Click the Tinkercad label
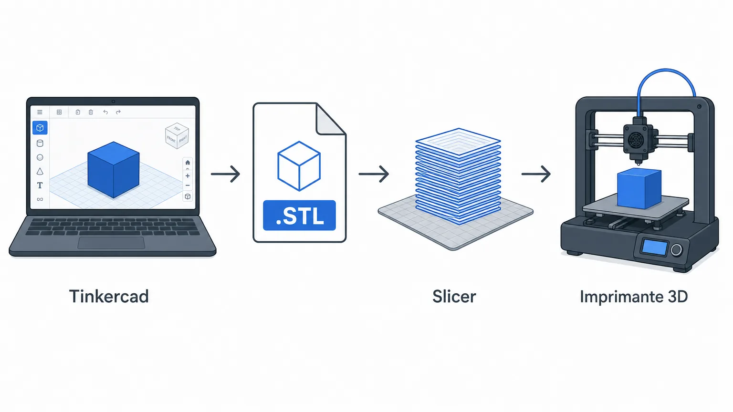(109, 296)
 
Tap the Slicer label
(454, 296)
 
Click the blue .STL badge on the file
(299, 215)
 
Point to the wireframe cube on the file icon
(299, 166)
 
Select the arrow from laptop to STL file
(225, 174)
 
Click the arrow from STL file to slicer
(374, 174)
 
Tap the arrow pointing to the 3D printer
(536, 174)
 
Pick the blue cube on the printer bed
(639, 188)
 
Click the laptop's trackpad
(111, 243)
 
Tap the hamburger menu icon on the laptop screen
(40, 112)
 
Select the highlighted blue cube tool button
(40, 127)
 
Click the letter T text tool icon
(40, 185)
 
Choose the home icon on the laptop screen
(188, 163)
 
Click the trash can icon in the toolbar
(91, 112)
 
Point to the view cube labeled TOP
(177, 136)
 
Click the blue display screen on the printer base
(655, 247)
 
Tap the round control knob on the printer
(676, 250)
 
